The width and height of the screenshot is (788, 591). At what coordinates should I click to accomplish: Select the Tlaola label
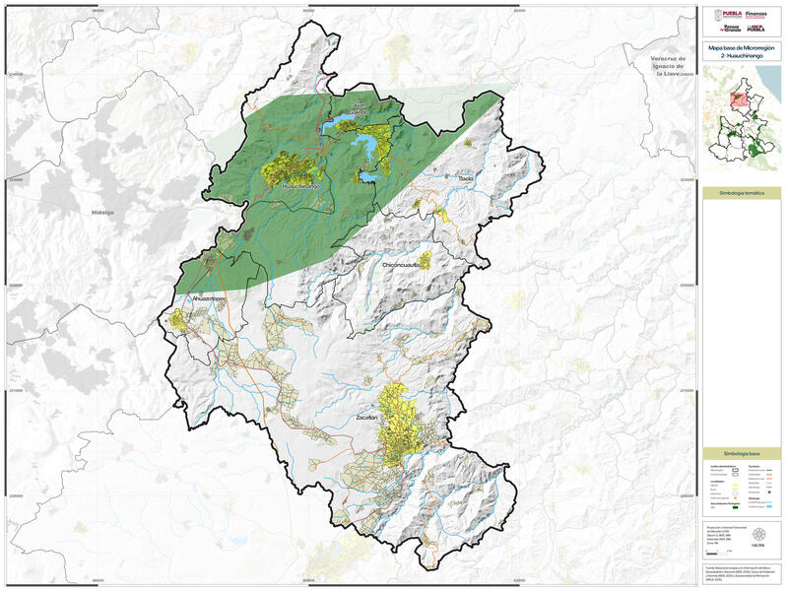467,179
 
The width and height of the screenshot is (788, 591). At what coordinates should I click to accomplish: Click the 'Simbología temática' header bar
742,194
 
